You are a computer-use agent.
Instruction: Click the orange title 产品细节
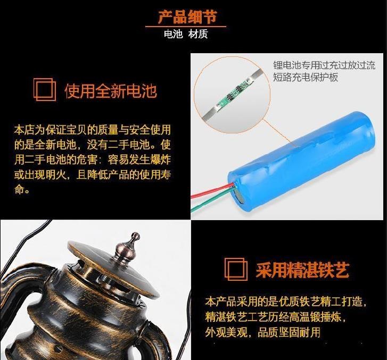tap(187, 17)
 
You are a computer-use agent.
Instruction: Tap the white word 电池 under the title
tap(173, 34)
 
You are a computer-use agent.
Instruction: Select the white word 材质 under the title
tap(198, 34)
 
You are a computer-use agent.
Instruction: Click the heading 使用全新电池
tap(111, 91)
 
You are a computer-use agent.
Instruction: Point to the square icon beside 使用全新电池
tap(45, 89)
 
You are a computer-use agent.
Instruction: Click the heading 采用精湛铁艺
tap(302, 270)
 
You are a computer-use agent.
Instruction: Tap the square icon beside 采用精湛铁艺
tap(236, 269)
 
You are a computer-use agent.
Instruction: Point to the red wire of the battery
tap(212, 190)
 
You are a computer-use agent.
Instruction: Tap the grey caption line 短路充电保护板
tap(306, 77)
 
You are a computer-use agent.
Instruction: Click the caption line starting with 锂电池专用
tap(324, 65)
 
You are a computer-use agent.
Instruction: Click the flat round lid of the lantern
tap(113, 269)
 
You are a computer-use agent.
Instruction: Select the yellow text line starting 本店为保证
tap(92, 130)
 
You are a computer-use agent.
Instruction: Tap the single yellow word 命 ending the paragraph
tap(19, 189)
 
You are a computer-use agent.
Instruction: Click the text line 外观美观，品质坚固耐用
tap(263, 332)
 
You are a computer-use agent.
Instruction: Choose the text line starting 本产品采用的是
tap(285, 302)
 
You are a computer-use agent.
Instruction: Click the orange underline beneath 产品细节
tap(186, 26)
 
